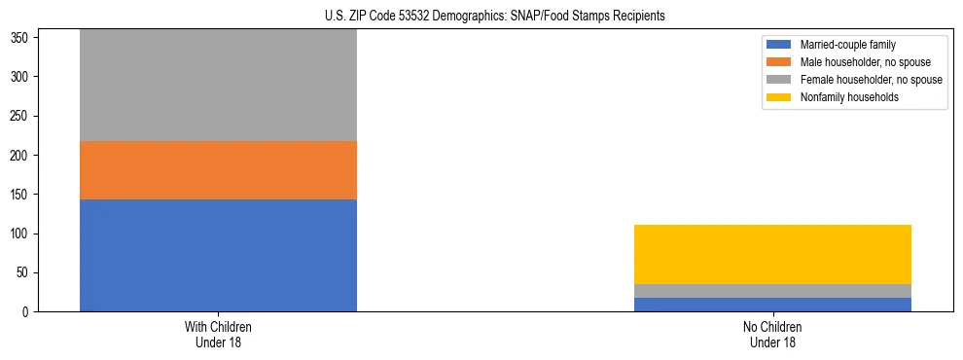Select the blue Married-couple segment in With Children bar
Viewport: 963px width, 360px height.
(x=218, y=255)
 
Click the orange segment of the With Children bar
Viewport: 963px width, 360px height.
(x=218, y=170)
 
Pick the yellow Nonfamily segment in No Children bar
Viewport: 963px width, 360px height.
(x=772, y=254)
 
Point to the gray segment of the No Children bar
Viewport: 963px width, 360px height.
(x=772, y=291)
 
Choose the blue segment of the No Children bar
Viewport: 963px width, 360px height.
(x=772, y=305)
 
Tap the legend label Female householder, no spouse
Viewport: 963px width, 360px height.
(x=871, y=80)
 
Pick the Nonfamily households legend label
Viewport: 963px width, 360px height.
(x=848, y=97)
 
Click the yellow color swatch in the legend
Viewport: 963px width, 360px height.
(x=779, y=97)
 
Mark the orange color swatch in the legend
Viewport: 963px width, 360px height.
(x=779, y=62)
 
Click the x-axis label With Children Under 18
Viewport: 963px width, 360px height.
(x=218, y=334)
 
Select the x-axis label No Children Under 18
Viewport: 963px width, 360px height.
(x=772, y=334)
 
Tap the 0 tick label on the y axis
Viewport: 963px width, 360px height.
(x=28, y=312)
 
